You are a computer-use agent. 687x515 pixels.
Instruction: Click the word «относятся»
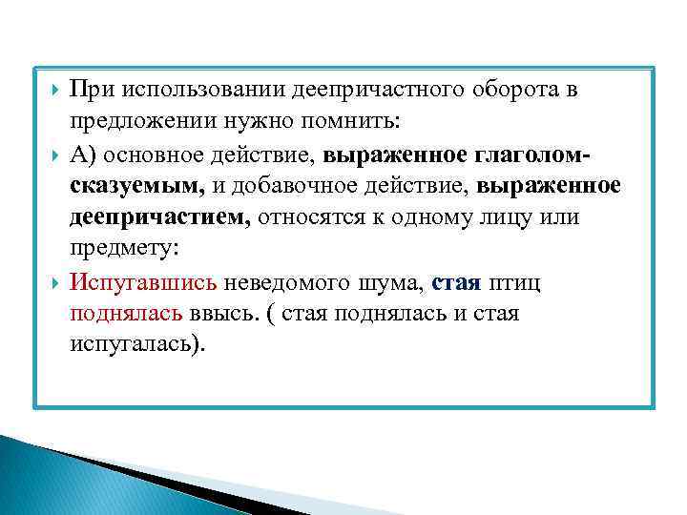[x=313, y=217]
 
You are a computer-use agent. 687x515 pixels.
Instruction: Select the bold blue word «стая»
[x=457, y=281]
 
